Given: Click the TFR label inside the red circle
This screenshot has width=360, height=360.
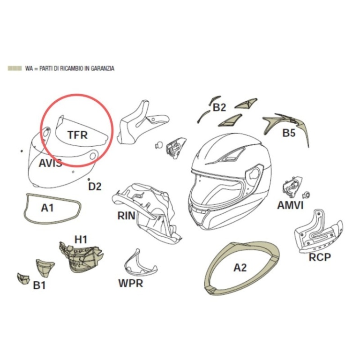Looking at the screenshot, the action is (78, 135).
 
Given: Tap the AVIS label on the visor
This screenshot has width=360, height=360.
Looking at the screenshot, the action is (51, 163).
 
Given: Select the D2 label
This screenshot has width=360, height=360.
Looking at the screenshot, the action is (95, 187).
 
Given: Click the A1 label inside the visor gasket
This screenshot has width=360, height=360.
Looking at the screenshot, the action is (47, 208).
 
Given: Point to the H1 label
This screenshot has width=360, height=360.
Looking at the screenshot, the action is (81, 240).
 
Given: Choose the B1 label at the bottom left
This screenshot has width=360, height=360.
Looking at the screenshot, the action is (39, 285).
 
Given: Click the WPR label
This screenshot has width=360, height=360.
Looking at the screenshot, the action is (131, 283).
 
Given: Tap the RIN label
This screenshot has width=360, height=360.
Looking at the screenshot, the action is (126, 216).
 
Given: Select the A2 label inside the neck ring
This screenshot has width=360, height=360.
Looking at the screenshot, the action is (240, 268).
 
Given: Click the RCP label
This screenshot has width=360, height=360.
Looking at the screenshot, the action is (320, 257).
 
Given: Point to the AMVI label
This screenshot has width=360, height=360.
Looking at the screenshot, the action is (291, 205).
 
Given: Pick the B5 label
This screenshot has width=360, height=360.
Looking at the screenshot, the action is (289, 133).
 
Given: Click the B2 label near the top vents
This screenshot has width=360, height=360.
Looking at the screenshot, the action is (219, 107).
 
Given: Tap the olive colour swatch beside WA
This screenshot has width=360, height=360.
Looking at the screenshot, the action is (15, 68).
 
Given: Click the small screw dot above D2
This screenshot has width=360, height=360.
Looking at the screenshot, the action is (89, 179).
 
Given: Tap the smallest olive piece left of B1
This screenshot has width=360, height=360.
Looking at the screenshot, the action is (23, 278).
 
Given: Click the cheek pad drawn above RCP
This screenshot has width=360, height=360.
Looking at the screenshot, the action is (318, 232).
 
